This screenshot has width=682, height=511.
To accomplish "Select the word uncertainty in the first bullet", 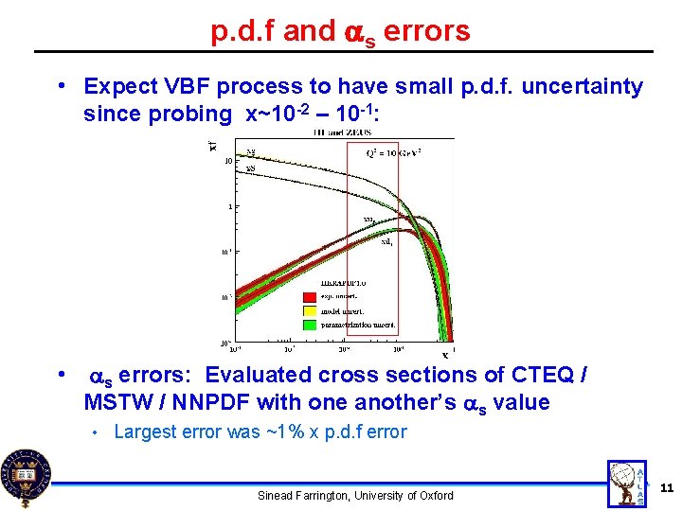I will (x=588, y=87).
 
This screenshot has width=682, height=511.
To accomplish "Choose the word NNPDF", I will (x=206, y=402).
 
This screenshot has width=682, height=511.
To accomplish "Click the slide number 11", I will (x=665, y=487).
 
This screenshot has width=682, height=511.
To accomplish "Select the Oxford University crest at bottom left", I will (x=26, y=476).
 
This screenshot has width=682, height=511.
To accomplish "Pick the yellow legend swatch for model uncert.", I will (x=309, y=309).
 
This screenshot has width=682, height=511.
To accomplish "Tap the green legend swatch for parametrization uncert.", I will (x=309, y=324).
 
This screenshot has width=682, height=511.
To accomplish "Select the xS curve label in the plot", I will (x=251, y=168).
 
